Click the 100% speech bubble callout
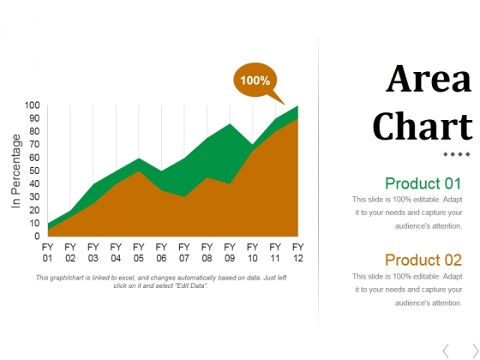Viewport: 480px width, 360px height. [x=255, y=80]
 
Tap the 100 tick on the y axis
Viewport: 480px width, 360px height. [x=32, y=105]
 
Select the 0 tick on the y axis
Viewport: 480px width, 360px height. [x=37, y=236]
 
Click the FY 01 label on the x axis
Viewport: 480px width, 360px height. [x=48, y=252]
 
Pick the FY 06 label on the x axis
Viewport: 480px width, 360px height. [x=161, y=252]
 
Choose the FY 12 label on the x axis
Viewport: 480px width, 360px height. [x=297, y=252]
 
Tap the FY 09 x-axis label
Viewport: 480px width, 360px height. [x=230, y=252]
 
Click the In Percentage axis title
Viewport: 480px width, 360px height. [x=16, y=170]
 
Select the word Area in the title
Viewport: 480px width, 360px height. [x=429, y=80]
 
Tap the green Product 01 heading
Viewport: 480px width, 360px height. [x=423, y=183]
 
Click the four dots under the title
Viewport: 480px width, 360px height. [x=456, y=154]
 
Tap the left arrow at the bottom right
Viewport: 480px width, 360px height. [x=446, y=349]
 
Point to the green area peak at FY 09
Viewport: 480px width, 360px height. [x=230, y=127]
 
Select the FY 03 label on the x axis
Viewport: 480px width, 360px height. [x=93, y=252]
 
